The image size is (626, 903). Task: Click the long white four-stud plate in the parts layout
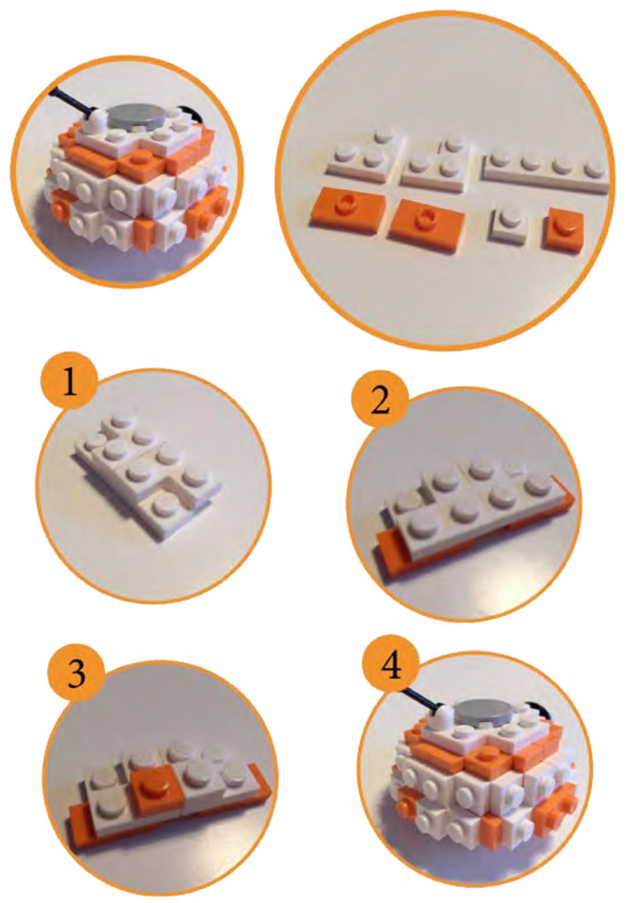545,173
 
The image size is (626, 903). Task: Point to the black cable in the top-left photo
72,101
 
